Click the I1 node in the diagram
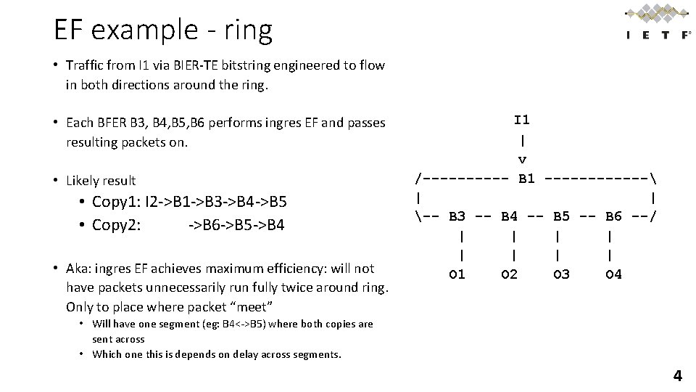[x=522, y=119]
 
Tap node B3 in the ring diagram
[x=457, y=216]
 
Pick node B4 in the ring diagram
[x=509, y=216]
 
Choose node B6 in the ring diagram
[x=613, y=216]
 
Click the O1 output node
[x=457, y=274]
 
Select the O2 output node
[x=509, y=274]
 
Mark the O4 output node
[x=613, y=274]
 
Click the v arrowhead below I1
[x=522, y=159]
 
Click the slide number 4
[x=677, y=376]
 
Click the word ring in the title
[x=247, y=30]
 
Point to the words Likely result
[x=101, y=181]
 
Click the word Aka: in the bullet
[x=80, y=269]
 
